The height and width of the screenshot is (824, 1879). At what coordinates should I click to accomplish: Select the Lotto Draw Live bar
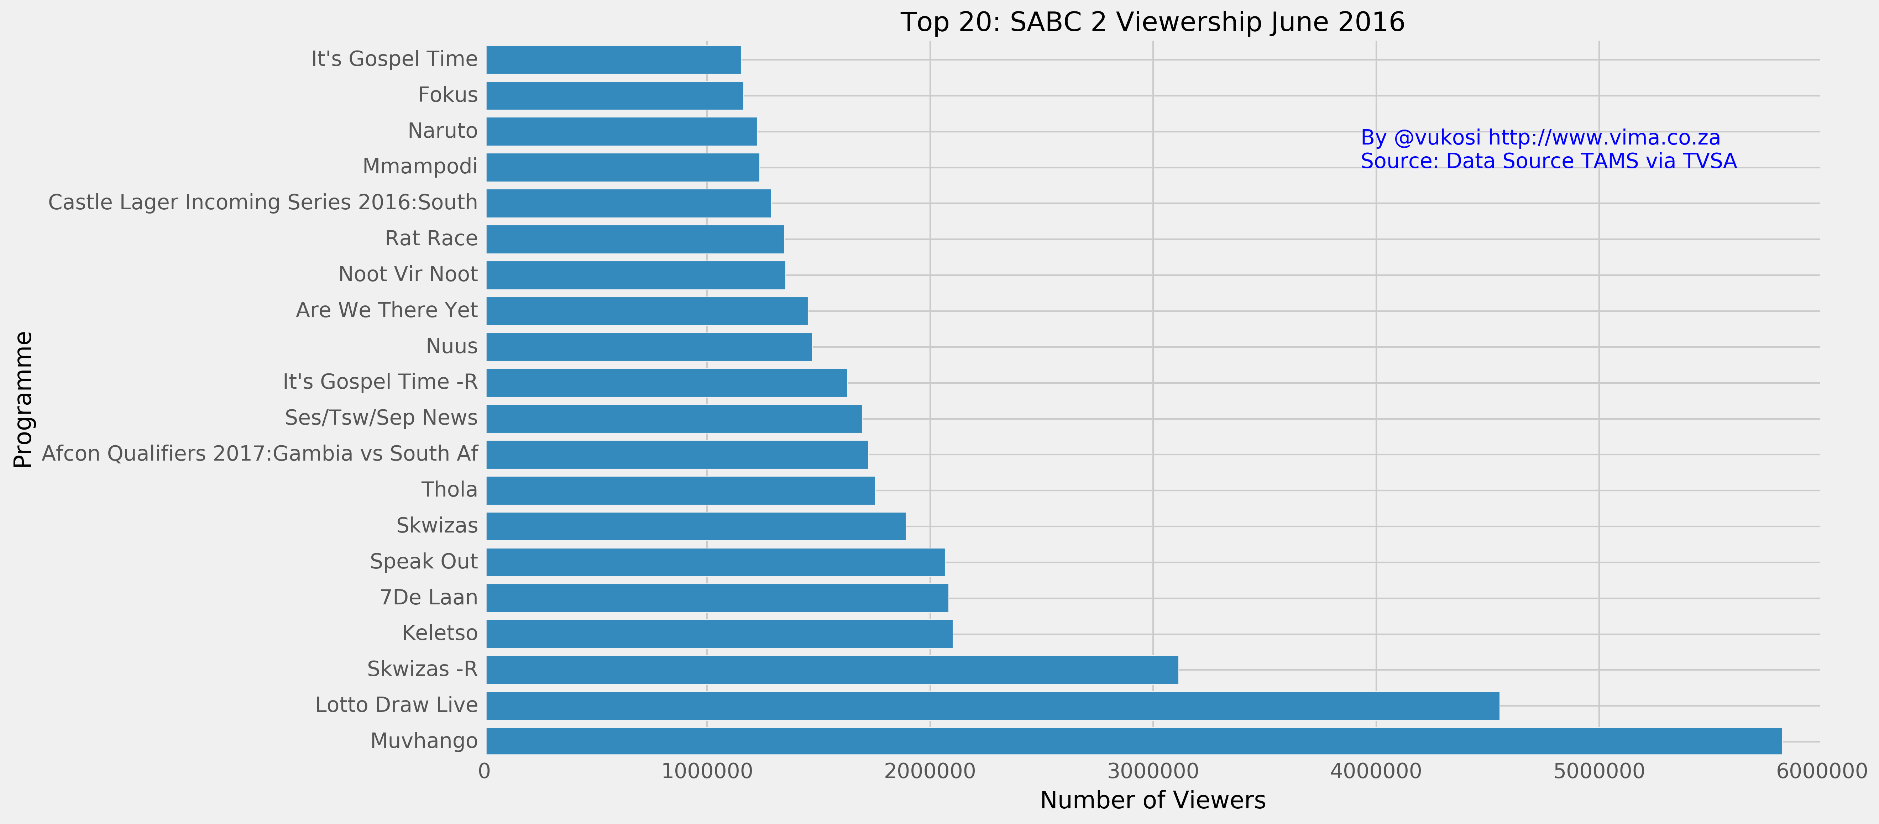pos(993,705)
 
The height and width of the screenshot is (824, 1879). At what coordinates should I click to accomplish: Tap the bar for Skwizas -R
pos(832,670)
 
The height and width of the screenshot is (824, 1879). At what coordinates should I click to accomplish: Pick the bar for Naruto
pos(622,131)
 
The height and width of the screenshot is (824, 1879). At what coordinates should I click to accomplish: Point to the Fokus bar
pos(615,95)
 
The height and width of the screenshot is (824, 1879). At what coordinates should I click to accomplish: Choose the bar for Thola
pos(681,490)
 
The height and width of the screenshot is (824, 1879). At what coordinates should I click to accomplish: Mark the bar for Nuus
pos(649,346)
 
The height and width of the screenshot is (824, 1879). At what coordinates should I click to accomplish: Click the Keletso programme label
pos(440,633)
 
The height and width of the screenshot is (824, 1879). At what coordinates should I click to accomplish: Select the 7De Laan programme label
pos(429,597)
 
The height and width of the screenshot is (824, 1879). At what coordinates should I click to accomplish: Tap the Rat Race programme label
pos(431,238)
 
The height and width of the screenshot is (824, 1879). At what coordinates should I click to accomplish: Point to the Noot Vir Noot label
pos(408,274)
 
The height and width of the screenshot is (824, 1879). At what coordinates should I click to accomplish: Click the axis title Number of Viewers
pos(1152,801)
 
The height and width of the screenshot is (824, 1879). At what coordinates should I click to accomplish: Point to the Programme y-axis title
pos(23,400)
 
